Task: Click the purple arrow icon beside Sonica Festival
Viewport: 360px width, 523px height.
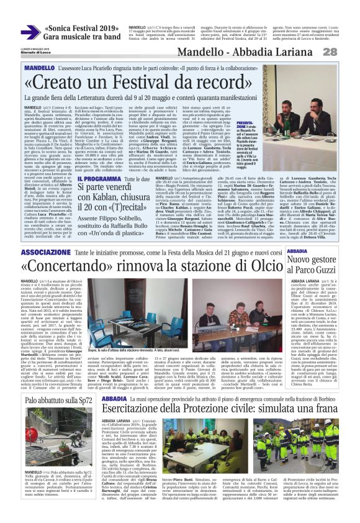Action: [x=30, y=32]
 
